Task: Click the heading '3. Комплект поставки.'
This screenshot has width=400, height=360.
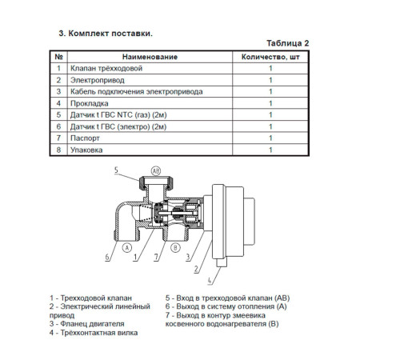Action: pyautogui.click(x=106, y=34)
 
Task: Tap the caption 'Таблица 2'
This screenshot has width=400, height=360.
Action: pyautogui.click(x=288, y=43)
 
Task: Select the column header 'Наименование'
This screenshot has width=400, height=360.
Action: pyautogui.click(x=150, y=57)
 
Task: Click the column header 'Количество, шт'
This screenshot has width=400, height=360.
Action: pyautogui.click(x=270, y=57)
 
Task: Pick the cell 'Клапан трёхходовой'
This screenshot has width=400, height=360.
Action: pyautogui.click(x=106, y=68)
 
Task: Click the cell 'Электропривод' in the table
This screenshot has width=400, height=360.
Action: pyautogui.click(x=97, y=80)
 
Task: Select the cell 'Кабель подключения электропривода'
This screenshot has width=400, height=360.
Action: pyautogui.click(x=136, y=92)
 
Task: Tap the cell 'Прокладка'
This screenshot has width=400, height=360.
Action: pyautogui.click(x=89, y=103)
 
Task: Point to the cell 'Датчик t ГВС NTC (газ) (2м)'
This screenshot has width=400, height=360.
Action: pyautogui.click(x=118, y=115)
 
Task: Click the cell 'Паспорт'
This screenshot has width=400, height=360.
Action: pyautogui.click(x=85, y=138)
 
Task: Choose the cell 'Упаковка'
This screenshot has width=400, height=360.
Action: pyautogui.click(x=86, y=150)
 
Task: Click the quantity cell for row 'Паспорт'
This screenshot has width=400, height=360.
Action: pyautogui.click(x=270, y=138)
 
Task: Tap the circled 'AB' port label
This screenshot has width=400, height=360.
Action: pyautogui.click(x=156, y=171)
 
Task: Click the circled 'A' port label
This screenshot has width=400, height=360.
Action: pyautogui.click(x=127, y=248)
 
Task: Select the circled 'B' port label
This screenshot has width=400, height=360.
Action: pyautogui.click(x=175, y=248)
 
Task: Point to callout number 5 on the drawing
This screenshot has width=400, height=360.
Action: pyautogui.click(x=116, y=170)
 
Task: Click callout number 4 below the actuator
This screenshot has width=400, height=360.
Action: pyautogui.click(x=210, y=281)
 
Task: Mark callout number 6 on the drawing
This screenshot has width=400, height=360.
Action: pyautogui.click(x=107, y=257)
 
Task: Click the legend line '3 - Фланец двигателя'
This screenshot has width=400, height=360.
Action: pyautogui.click(x=86, y=324)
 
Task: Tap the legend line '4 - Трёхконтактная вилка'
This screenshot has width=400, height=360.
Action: pyautogui.click(x=94, y=333)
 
